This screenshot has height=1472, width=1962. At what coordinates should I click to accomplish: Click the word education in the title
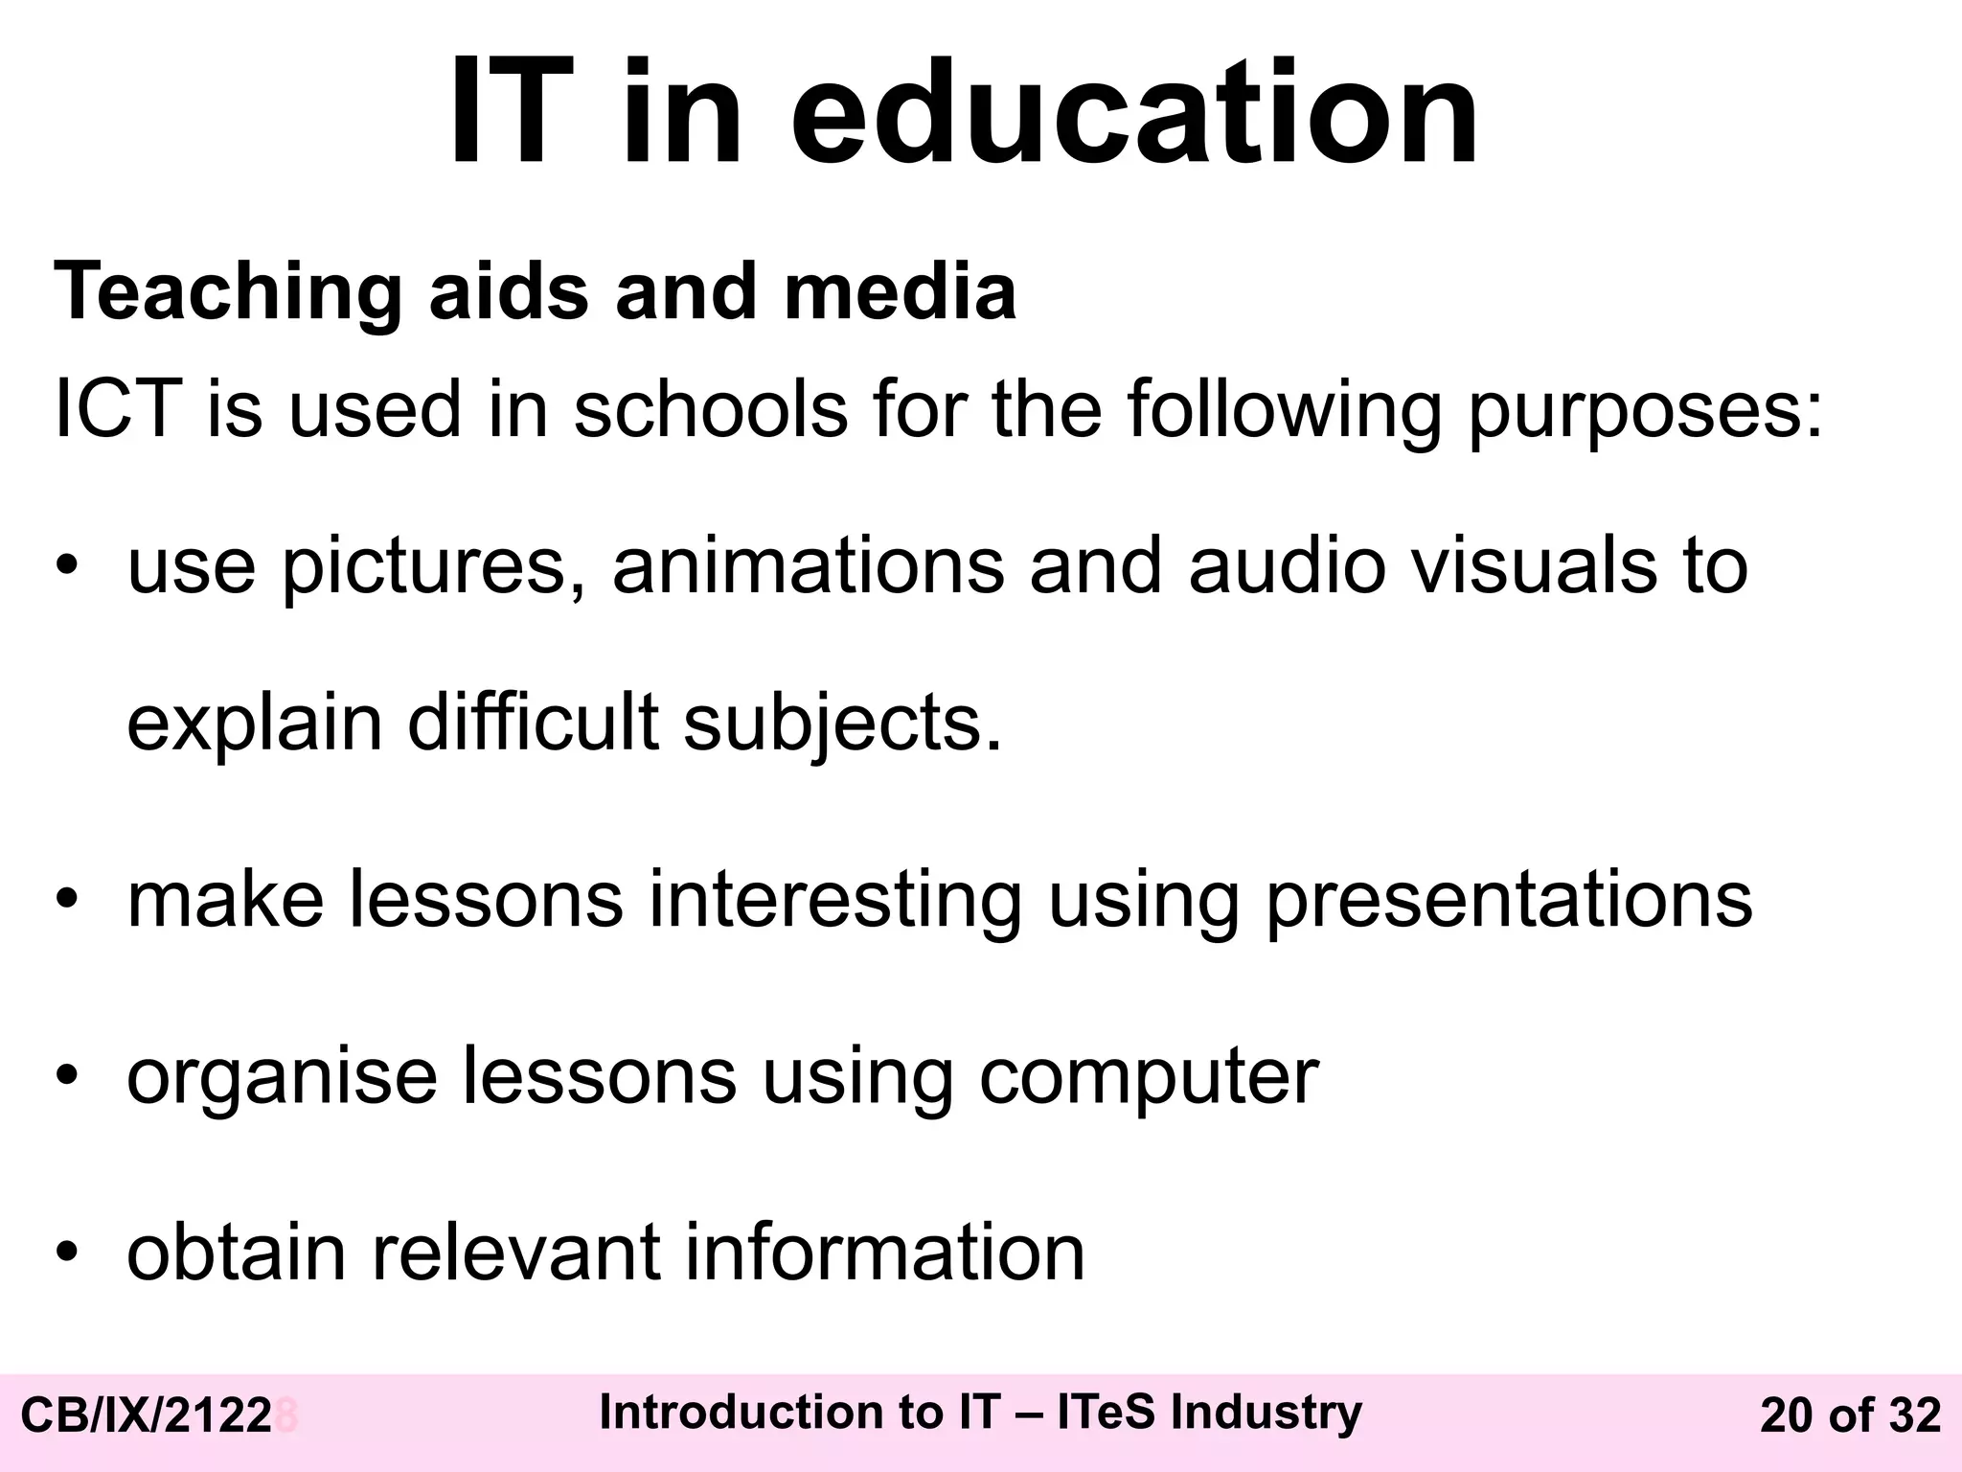[1134, 113]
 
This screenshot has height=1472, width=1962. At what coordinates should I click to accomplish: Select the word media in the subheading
[900, 291]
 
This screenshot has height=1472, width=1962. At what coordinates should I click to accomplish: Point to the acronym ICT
[118, 409]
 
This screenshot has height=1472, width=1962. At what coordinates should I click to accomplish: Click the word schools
[711, 409]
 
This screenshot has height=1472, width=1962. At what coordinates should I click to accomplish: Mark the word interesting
[835, 901]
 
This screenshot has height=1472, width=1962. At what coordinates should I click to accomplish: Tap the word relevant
[515, 1252]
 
